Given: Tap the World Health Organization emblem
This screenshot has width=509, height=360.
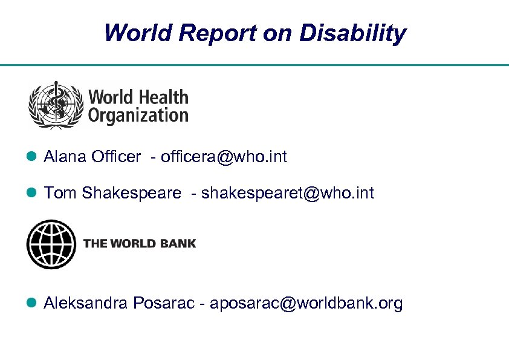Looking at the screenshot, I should pos(56,105).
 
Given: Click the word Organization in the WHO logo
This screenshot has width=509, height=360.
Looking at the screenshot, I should pos(138,115).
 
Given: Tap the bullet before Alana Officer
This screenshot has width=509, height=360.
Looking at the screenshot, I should pos(33,158).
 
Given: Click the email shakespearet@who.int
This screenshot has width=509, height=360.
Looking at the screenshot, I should pos(288,193).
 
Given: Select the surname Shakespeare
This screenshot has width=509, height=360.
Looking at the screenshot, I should pos(131,194).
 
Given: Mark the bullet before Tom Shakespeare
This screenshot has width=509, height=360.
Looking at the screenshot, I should pos(33,194).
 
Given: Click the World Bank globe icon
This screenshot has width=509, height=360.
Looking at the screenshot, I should pos(51,244).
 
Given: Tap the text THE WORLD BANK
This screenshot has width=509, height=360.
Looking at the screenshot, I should pos(140,244).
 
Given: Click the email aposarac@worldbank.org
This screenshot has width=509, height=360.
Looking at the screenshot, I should pos(306,303).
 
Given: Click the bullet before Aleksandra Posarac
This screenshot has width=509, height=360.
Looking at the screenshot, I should pos(33,304).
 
